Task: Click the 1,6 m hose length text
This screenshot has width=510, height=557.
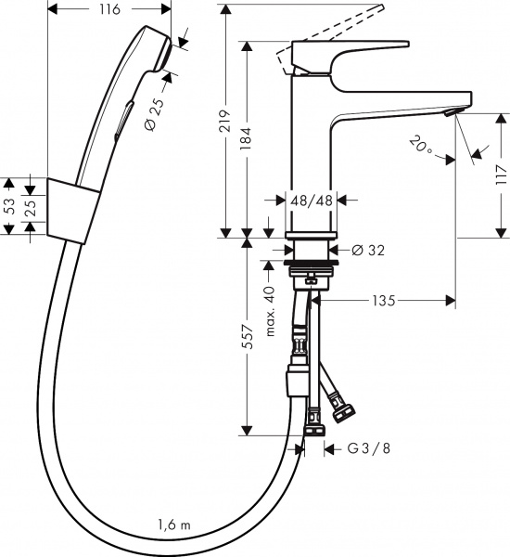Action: (173, 525)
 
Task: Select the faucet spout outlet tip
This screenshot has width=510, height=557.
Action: (450, 112)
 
